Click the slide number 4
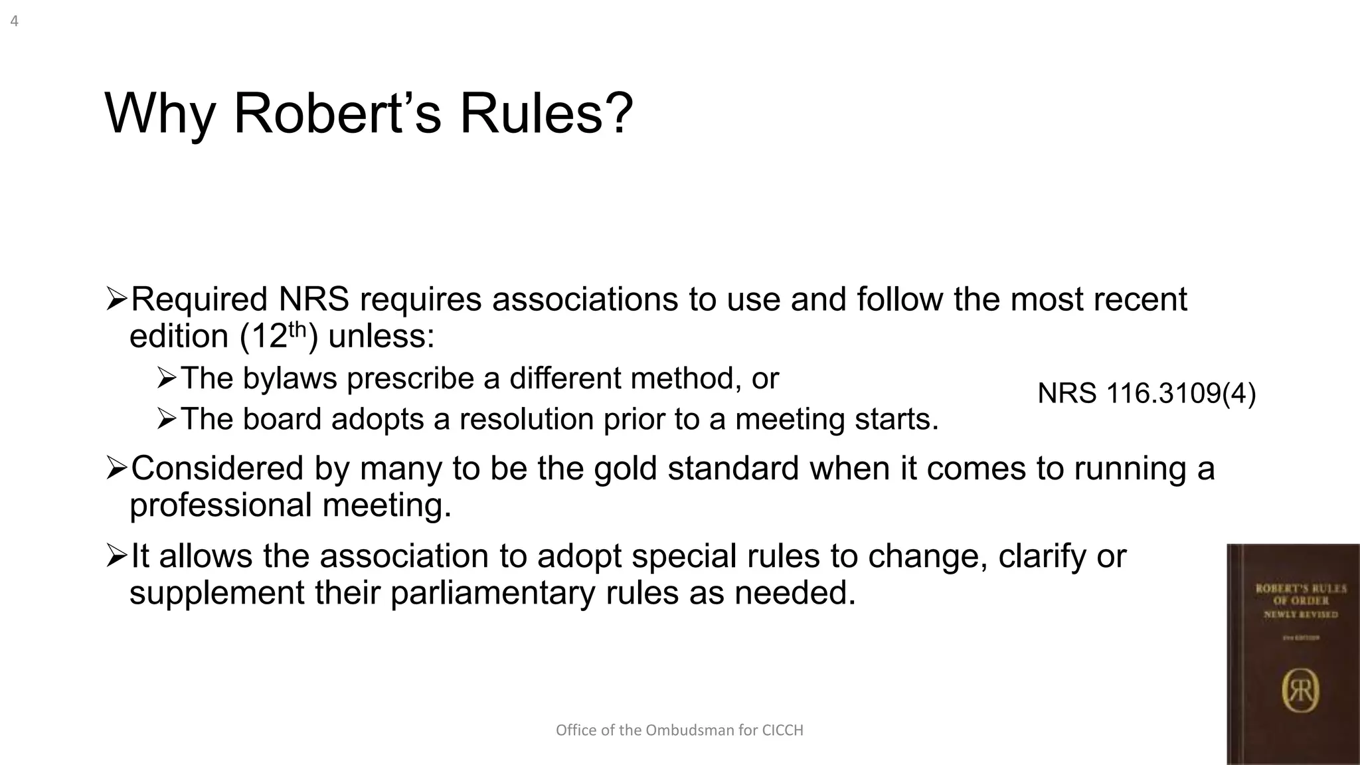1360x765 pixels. tap(14, 21)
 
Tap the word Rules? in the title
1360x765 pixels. tap(546, 114)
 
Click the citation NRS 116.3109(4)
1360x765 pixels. tap(1146, 394)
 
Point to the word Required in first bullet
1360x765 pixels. tap(199, 299)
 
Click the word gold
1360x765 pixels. tap(626, 468)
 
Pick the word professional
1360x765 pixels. tap(220, 505)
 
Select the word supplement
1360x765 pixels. tap(216, 592)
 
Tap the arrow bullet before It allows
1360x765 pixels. tap(116, 555)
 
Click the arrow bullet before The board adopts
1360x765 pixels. tap(167, 419)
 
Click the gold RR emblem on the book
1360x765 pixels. tap(1300, 691)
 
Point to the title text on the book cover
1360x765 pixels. tap(1300, 600)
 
